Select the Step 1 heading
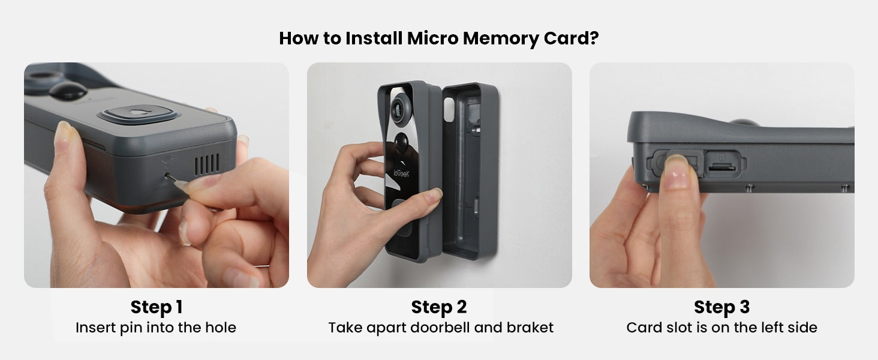coord(156,307)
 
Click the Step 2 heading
coord(438,307)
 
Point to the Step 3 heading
coord(721,307)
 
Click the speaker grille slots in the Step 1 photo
coord(207,163)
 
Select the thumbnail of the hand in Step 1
coord(63,133)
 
